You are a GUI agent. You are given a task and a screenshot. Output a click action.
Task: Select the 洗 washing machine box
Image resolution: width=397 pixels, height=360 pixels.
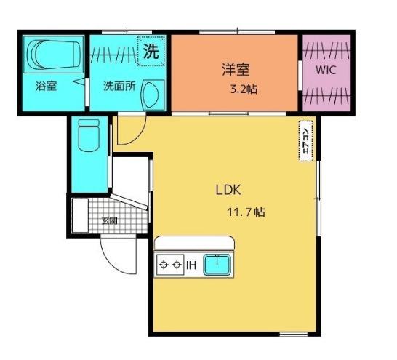(x=151, y=52)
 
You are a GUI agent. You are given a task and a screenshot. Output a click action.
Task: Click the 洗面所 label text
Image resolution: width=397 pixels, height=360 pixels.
(x=119, y=85)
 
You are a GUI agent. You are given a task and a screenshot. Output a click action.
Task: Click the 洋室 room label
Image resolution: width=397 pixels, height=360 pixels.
(x=236, y=71)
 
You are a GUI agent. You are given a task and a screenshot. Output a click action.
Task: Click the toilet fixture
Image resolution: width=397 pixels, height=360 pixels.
(x=87, y=135)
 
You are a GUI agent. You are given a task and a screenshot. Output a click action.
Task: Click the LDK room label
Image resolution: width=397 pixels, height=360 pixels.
(x=227, y=191)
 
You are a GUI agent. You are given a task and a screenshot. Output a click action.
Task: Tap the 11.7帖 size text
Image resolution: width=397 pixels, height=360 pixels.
(x=247, y=212)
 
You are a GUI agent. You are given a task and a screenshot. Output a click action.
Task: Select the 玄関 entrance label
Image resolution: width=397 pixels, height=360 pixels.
(x=109, y=220)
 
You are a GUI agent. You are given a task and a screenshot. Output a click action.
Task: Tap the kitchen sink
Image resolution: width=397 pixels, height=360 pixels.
(x=217, y=265)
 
